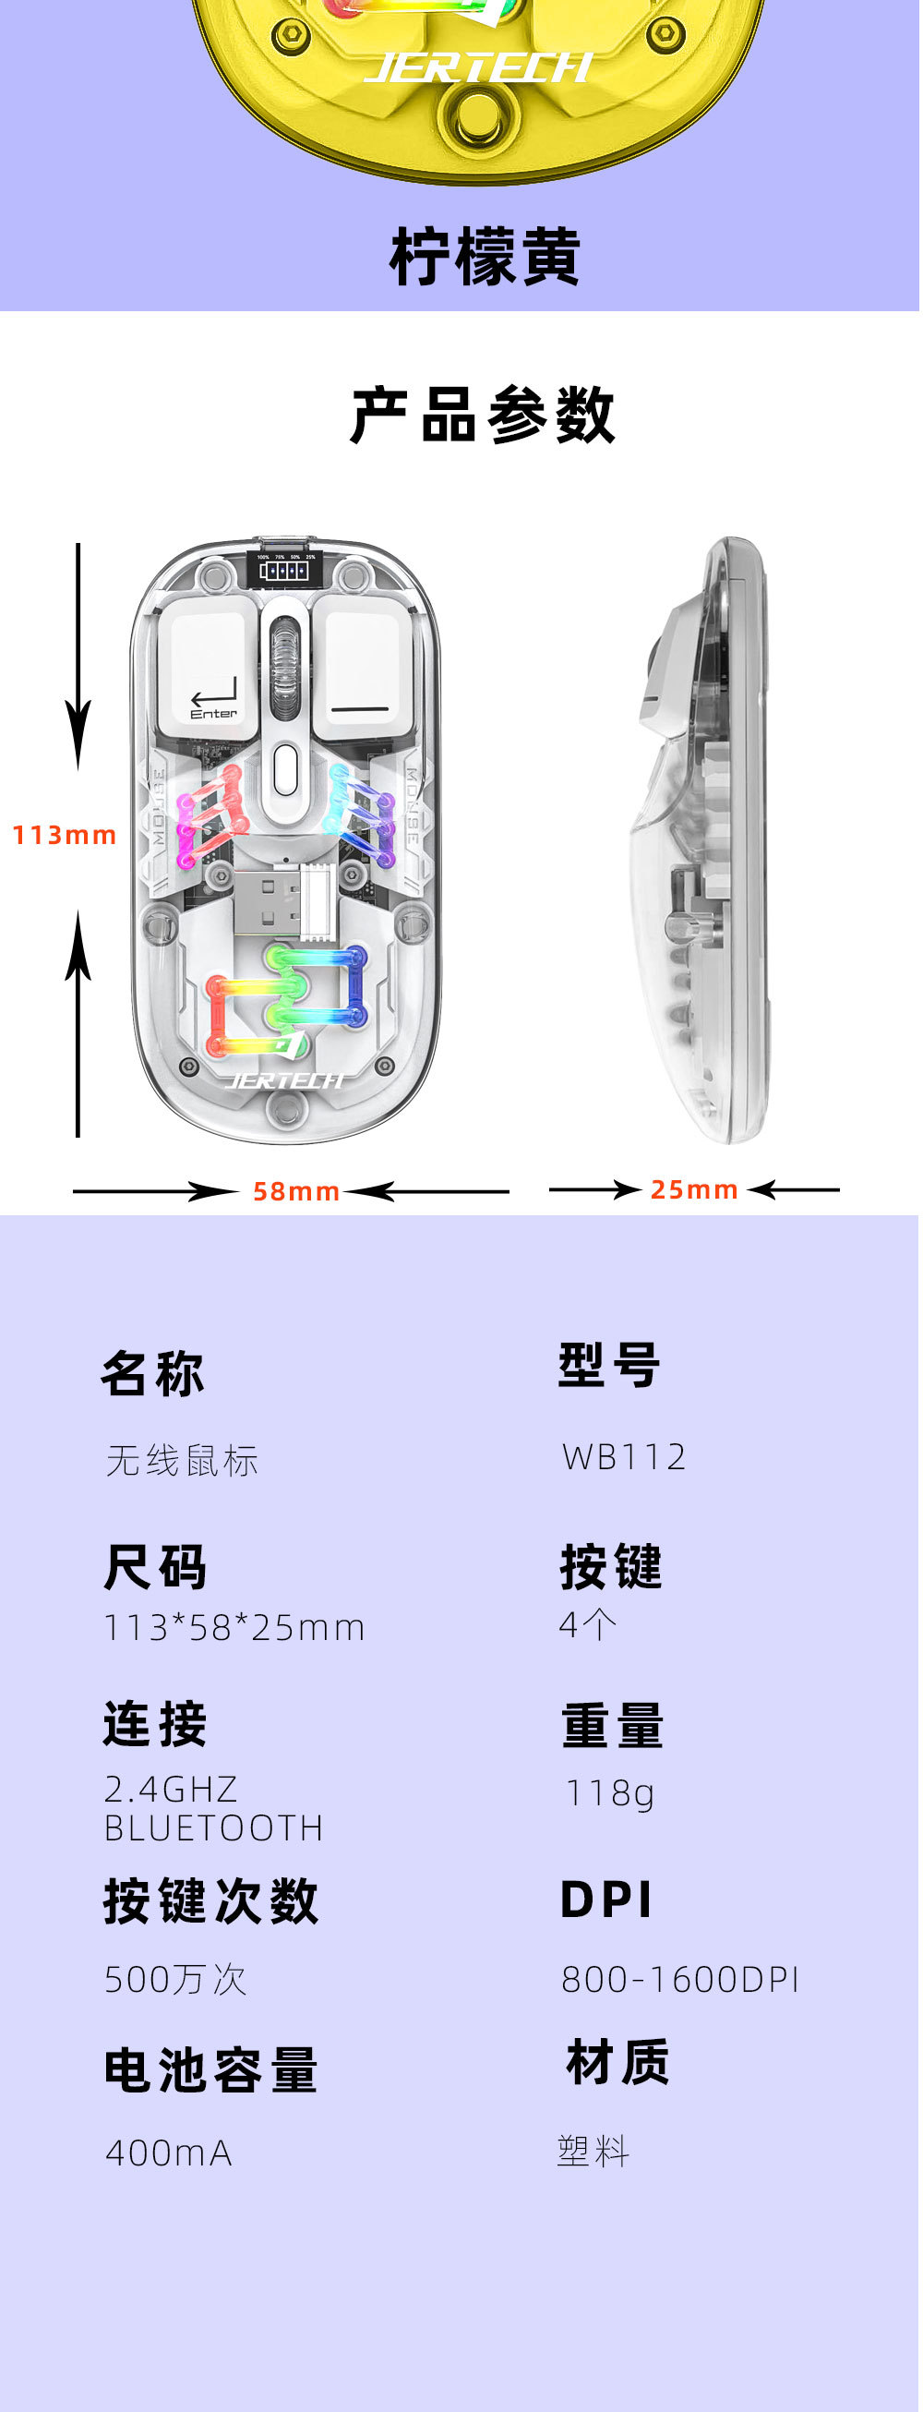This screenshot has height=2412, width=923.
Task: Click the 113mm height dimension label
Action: click(64, 834)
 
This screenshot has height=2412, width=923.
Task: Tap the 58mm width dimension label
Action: click(295, 1191)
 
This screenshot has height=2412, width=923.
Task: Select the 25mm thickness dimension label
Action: click(694, 1189)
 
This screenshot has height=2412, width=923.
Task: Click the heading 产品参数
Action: click(483, 415)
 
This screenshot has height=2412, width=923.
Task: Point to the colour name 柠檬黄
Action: click(485, 257)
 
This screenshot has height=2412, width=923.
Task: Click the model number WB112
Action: click(624, 1457)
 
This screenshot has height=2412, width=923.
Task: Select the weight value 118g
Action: click(609, 1793)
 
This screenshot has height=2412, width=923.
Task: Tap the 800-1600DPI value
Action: click(679, 1980)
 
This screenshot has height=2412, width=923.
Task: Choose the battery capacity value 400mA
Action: click(169, 2153)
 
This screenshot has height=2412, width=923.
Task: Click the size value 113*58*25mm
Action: click(234, 1627)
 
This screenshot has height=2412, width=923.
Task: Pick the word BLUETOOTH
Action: click(213, 1827)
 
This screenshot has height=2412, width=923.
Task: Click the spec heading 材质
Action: click(617, 2063)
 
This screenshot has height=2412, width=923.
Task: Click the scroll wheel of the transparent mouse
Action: click(284, 664)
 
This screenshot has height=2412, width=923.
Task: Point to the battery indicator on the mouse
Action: click(284, 567)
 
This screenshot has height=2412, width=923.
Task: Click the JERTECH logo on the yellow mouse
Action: click(477, 67)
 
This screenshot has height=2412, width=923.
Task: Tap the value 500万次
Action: click(175, 1980)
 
